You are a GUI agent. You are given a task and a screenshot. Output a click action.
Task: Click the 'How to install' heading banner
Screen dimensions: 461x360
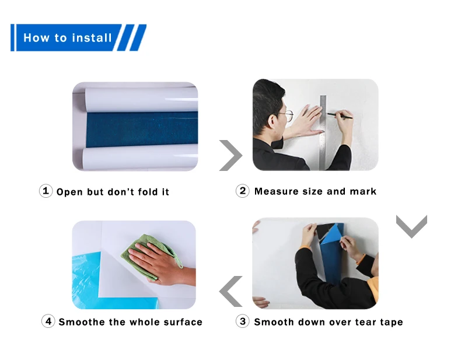pyautogui.click(x=78, y=37)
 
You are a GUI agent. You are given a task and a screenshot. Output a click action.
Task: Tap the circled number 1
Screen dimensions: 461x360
pyautogui.click(x=46, y=191)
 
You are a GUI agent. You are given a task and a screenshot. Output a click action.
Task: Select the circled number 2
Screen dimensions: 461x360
pyautogui.click(x=243, y=191)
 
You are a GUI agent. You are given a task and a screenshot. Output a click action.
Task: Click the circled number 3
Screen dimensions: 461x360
pyautogui.click(x=243, y=321)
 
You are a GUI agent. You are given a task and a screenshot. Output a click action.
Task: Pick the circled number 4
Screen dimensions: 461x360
pyautogui.click(x=48, y=321)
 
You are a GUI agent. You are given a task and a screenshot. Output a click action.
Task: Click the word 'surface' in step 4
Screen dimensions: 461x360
pyautogui.click(x=183, y=322)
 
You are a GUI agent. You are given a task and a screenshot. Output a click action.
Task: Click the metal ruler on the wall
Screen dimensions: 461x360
pyautogui.click(x=323, y=132)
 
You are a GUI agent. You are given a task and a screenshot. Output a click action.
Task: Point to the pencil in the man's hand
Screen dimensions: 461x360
pyautogui.click(x=340, y=116)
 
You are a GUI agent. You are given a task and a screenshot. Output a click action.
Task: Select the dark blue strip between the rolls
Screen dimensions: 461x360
pyautogui.click(x=142, y=130)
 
